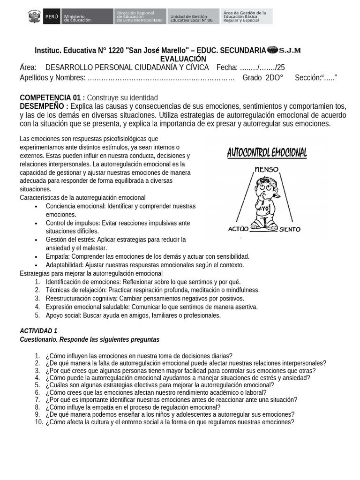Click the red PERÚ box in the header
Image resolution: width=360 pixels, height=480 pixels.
pos(52,17)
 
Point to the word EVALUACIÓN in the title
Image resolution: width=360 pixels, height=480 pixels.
pos(183,59)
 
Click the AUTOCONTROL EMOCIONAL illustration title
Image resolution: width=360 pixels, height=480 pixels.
pos(267,153)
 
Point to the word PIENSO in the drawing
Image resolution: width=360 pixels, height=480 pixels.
pos(267,169)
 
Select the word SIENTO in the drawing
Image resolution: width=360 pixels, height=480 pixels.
pos(290,230)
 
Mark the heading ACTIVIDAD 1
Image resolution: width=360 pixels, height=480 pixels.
pos(38,331)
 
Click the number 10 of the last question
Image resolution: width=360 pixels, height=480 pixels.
pos(39,422)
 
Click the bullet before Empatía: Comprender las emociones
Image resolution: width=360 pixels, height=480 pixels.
pos(36,256)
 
